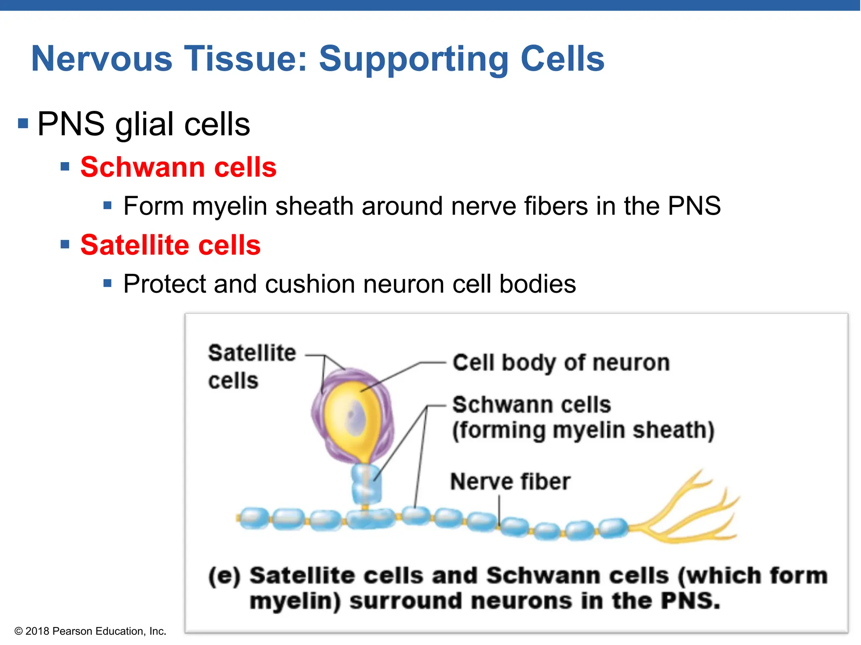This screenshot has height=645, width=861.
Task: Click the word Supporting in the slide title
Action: (413, 60)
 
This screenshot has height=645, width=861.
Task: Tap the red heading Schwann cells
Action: (178, 167)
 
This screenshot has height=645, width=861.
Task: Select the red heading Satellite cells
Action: (170, 245)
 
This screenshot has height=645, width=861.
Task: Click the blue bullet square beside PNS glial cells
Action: (23, 123)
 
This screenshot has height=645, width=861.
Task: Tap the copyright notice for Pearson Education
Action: (90, 631)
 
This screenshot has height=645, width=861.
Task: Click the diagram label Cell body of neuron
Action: (560, 362)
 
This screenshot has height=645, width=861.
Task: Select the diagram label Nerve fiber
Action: (510, 482)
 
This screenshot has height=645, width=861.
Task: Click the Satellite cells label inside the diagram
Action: (251, 366)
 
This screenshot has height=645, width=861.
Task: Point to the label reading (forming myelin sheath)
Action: (583, 430)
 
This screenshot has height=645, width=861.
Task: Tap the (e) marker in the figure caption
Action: (224, 576)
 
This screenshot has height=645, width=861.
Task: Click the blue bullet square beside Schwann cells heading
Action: (65, 167)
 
